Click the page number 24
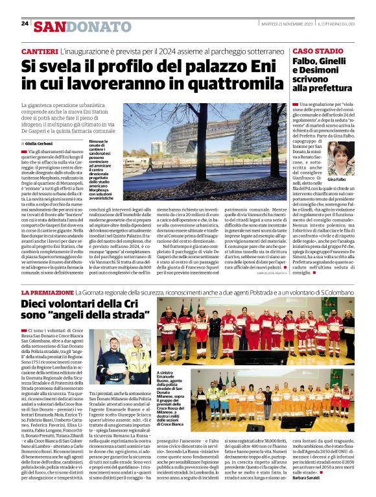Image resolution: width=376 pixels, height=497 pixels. [x=25, y=23]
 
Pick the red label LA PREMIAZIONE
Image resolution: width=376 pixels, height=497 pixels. [x=45, y=293]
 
